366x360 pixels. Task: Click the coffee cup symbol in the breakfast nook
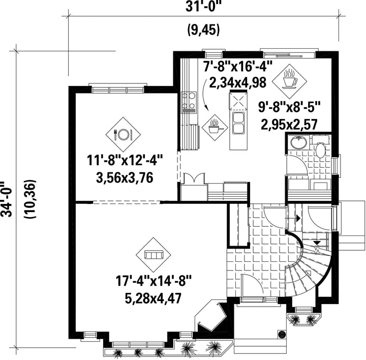(289, 81)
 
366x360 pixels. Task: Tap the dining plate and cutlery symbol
(123, 135)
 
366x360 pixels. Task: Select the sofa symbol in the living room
(154, 255)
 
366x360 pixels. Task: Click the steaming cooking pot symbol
(215, 128)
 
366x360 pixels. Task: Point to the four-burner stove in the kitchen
(189, 102)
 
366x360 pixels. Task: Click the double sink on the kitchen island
(238, 124)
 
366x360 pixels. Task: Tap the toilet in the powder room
(320, 147)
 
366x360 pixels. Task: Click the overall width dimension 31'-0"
(203, 7)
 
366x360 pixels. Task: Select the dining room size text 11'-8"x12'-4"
(125, 161)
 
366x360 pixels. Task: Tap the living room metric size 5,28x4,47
(153, 298)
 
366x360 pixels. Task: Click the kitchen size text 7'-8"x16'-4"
(238, 66)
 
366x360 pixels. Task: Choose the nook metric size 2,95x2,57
(289, 124)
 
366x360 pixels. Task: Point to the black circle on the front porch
(282, 334)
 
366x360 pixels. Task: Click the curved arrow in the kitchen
(203, 94)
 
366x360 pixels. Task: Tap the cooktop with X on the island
(238, 101)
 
